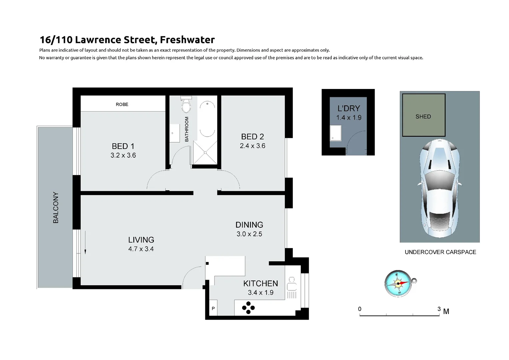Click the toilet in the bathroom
point(186,105)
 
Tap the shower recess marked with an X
point(205,153)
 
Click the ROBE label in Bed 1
point(122,104)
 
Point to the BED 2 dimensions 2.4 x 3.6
point(253,146)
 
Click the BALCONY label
point(56,207)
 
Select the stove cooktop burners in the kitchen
point(249,308)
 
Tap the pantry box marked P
point(213,309)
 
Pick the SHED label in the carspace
point(423,116)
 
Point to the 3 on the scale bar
point(439,309)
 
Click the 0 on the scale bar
point(360,309)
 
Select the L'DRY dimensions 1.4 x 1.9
point(349,117)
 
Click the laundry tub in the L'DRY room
point(335,133)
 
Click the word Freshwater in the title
point(187,40)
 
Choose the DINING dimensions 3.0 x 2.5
point(249,234)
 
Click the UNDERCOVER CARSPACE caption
point(440,252)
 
